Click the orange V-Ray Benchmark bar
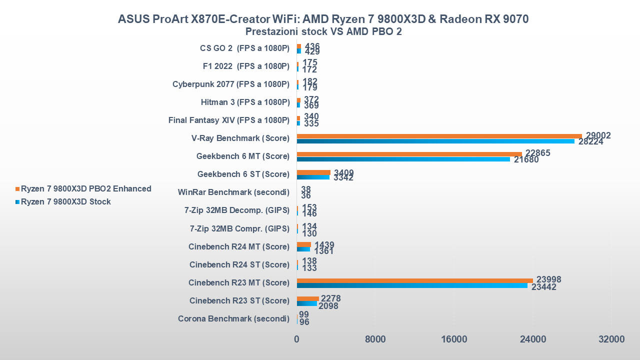point(439,136)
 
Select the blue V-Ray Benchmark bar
point(435,141)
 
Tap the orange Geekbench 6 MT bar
point(409,154)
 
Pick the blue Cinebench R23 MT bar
point(412,285)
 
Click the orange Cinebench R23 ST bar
point(307,298)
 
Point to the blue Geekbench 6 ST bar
point(313,177)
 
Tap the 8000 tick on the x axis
point(375,339)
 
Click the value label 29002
point(598,135)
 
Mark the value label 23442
point(543,287)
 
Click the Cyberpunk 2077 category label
point(230,84)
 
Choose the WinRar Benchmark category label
point(233,192)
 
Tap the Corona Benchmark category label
point(233,318)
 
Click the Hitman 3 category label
point(245,102)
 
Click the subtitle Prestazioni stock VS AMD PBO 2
point(323,31)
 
